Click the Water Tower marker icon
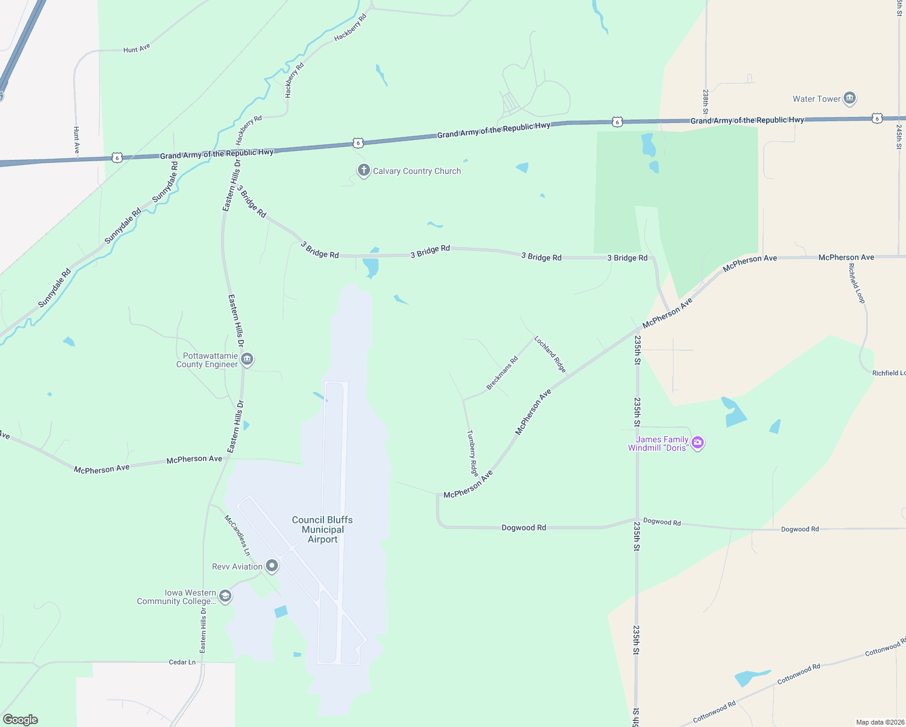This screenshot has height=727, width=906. point(849,98)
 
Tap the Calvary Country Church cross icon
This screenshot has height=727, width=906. point(363,171)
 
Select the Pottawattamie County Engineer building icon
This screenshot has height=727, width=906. point(247,360)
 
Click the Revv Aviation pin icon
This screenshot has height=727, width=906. point(272,566)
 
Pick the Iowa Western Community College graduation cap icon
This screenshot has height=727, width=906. point(225,597)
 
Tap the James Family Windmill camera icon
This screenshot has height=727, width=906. point(698,443)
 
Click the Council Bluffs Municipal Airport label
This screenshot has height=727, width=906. point(322,529)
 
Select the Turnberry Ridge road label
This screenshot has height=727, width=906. point(473,453)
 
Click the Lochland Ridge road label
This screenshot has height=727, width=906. point(550,354)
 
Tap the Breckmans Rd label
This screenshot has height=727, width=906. point(503,373)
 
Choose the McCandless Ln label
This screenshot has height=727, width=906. point(237,536)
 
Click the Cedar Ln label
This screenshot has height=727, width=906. point(182,662)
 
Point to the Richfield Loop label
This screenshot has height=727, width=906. point(857,283)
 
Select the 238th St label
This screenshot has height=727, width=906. point(706,102)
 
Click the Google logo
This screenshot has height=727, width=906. point(21,720)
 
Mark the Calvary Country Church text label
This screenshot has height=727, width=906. point(417,171)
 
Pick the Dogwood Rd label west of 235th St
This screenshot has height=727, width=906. point(524,528)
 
